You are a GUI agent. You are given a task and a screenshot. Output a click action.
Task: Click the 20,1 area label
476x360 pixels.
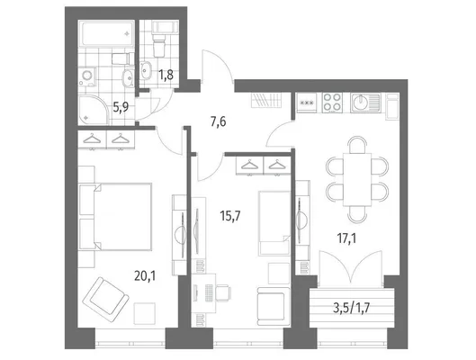[x=145, y=276]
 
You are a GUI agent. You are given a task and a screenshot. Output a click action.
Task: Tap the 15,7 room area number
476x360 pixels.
[x=230, y=216]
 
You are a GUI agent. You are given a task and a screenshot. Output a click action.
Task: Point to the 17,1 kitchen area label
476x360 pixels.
[x=347, y=238]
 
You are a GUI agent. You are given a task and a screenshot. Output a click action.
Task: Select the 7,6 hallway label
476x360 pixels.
[x=219, y=122]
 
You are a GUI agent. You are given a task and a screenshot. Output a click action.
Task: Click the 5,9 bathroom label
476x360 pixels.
[x=121, y=107]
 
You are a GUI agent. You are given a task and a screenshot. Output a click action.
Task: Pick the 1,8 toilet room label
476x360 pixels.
[x=166, y=75]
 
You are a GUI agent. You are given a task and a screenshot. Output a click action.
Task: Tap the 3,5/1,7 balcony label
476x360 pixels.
[x=352, y=308]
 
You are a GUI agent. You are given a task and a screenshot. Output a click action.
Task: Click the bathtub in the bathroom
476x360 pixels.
[x=106, y=33]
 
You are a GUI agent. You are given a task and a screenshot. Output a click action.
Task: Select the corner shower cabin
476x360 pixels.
[x=94, y=110]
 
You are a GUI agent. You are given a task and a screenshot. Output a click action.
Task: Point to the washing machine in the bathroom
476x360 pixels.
[x=87, y=76]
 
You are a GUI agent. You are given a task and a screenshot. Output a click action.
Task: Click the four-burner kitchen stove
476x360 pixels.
[x=332, y=103]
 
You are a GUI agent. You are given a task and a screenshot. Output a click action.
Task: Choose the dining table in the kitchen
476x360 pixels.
[x=357, y=180]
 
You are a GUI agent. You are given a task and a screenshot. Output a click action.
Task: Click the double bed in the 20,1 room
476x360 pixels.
[x=115, y=217]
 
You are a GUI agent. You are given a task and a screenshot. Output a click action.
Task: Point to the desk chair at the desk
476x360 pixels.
[x=223, y=292]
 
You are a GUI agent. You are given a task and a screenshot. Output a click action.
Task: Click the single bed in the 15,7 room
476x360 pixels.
[x=274, y=223]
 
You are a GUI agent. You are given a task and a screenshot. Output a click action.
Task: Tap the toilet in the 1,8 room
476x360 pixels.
[x=159, y=45]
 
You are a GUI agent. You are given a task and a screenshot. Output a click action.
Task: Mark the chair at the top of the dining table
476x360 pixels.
[x=357, y=145]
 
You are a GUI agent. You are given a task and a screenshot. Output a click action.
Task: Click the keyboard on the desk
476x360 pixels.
[x=209, y=292]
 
